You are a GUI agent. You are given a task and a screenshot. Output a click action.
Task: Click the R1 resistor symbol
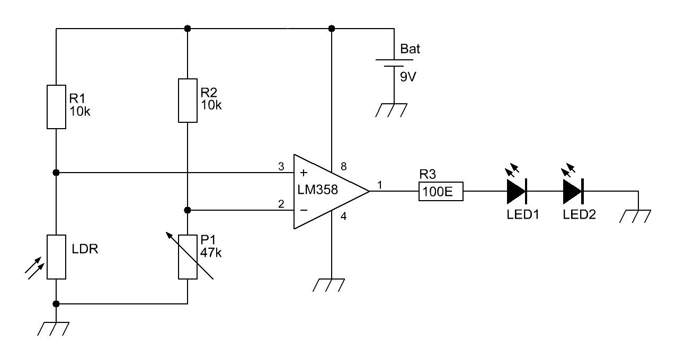pos(56,106)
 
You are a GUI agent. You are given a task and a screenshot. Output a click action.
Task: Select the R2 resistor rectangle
pos(188,101)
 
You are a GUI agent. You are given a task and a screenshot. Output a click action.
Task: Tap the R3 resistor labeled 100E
pos(441,191)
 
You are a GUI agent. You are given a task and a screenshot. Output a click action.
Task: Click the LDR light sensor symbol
pos(56,257)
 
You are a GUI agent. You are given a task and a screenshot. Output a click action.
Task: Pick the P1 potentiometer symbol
pos(188,257)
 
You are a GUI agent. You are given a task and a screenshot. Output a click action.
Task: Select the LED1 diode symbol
pos(516,191)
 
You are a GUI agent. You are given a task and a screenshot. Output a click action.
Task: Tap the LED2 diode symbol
pos(573,191)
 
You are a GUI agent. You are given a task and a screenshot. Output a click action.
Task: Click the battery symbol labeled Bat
pos(394,63)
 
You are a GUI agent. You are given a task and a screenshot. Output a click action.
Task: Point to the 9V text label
pos(408,77)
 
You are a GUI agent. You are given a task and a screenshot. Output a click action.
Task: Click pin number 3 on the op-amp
pos(281,167)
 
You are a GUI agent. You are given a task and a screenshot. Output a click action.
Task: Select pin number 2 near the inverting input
pos(281,204)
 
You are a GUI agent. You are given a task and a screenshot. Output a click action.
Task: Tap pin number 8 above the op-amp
pos(343,167)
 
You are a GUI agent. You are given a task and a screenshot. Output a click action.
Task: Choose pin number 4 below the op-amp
pos(343,216)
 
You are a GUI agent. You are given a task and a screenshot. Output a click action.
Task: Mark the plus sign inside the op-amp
pos(304,173)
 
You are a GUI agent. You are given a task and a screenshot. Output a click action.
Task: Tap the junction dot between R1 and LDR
pos(56,173)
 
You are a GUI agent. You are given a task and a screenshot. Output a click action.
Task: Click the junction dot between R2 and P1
pos(188,210)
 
